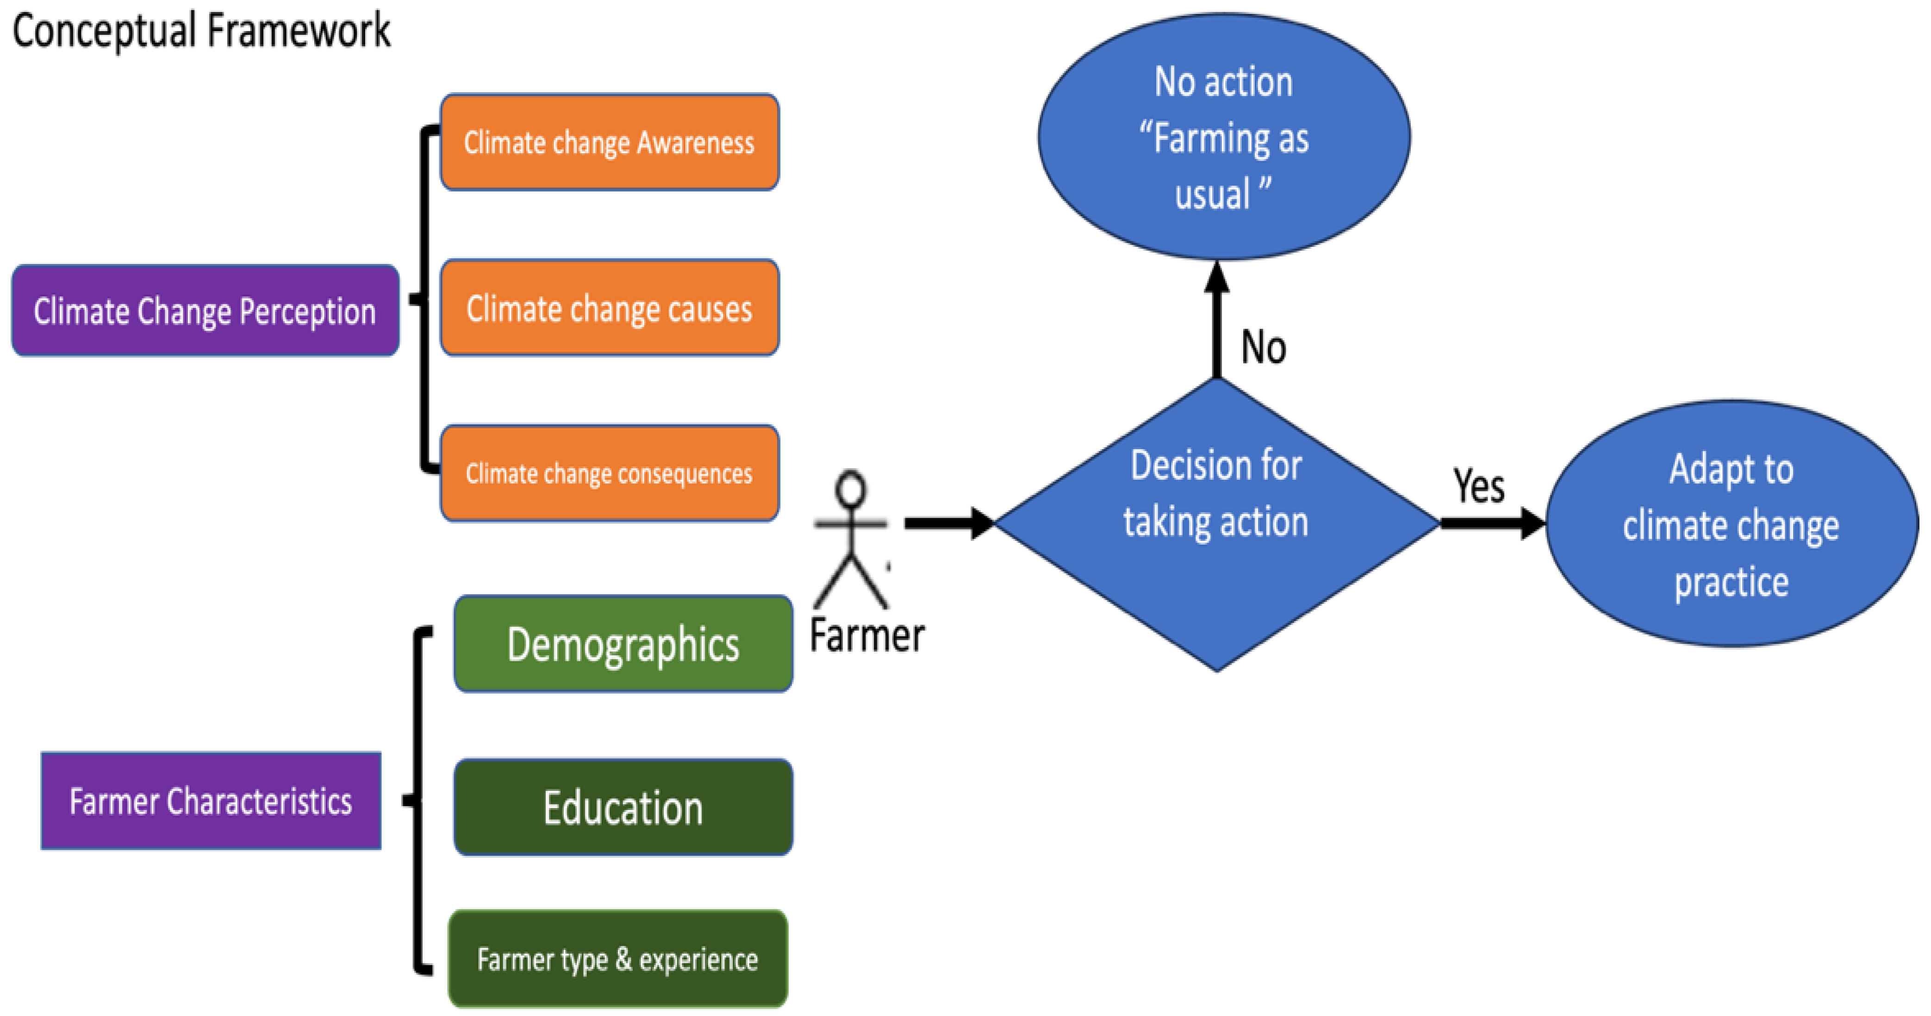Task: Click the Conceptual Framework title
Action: [x=201, y=31]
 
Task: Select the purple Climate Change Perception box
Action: [x=205, y=310]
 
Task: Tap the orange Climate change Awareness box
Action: [x=609, y=142]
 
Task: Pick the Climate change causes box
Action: [x=609, y=307]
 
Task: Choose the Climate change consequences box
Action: [x=609, y=473]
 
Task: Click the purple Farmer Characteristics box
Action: [x=211, y=801]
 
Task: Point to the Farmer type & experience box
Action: [x=618, y=959]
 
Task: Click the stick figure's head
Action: [x=851, y=489]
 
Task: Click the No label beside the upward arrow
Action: [x=1264, y=347]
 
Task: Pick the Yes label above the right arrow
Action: [x=1478, y=486]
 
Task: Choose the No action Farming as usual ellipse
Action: [x=1223, y=137]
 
